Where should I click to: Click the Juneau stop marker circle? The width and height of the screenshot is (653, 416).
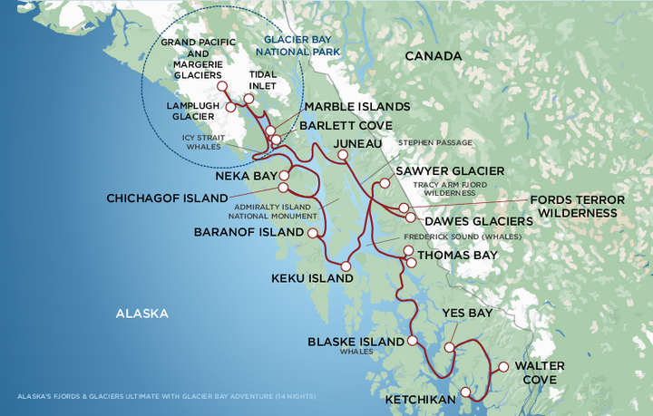pos(342,155)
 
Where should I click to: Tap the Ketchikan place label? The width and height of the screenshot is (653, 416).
pos(419,399)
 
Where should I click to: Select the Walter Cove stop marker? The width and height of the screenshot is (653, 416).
pos(504,367)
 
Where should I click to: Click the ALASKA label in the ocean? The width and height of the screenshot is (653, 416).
pos(141,314)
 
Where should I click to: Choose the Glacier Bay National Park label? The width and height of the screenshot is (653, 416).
pos(300,45)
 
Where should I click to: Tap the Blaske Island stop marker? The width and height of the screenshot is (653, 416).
pos(413,342)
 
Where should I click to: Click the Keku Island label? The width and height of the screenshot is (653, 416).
pos(312,279)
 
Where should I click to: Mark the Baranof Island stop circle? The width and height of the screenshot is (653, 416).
pos(313,233)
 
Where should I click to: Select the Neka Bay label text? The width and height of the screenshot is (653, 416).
pos(245,176)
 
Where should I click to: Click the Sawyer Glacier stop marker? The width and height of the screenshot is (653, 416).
pos(385,183)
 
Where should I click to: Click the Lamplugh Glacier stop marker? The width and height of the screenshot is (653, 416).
pos(230,107)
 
